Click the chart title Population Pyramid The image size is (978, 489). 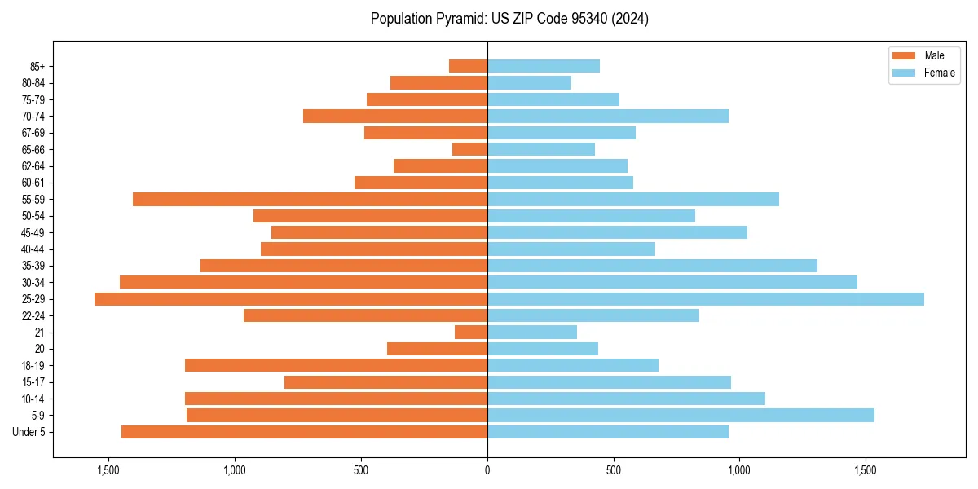click(509, 19)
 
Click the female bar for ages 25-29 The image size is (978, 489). click(706, 299)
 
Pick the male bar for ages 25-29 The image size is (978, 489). click(291, 299)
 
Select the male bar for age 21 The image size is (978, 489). click(471, 333)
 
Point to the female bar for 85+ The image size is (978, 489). click(544, 66)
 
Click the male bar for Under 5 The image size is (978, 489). click(304, 432)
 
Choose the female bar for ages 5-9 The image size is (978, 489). click(681, 416)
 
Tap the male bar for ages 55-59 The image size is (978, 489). click(310, 200)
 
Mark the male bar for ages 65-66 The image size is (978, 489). click(469, 149)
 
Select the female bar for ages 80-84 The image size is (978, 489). click(529, 83)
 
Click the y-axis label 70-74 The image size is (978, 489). click(33, 117)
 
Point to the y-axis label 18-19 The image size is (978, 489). click(33, 366)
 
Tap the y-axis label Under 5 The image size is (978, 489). click(29, 432)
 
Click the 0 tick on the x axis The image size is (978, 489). click(487, 470)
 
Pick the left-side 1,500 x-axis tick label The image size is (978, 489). click(108, 470)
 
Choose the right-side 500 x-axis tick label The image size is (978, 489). click(614, 470)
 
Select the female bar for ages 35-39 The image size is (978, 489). click(652, 266)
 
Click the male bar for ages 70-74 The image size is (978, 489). click(395, 117)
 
